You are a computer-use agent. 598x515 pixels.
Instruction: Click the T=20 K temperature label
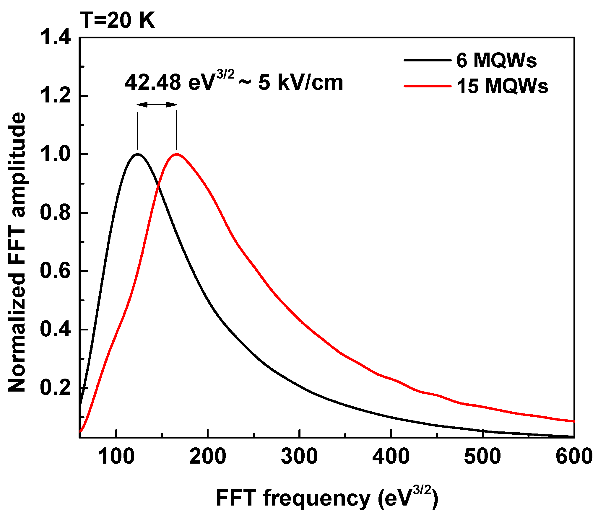118,21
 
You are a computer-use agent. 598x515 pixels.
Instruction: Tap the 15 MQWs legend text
502,86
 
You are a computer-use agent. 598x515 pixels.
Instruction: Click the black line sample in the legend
428,60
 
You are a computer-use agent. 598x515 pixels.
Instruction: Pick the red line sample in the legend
428,86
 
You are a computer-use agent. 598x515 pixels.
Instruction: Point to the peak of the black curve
137,154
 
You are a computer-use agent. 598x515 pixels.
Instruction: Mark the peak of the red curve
177,154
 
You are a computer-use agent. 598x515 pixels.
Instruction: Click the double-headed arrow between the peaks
157,105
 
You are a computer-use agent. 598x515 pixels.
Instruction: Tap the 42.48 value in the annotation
153,83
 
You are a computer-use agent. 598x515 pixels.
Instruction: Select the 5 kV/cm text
301,83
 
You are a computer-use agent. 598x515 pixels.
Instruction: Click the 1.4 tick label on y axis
55,38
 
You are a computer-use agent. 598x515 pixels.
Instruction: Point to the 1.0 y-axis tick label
55,154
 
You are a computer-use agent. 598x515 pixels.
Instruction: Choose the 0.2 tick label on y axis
55,388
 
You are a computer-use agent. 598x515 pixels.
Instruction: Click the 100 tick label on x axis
116,456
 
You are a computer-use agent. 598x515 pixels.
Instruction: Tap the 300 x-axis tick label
299,456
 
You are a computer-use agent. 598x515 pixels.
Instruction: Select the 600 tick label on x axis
574,456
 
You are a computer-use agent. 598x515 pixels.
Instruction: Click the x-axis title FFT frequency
327,498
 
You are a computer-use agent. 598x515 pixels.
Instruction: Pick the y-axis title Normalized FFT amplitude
17,252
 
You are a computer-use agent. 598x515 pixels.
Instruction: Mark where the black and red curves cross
159,187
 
